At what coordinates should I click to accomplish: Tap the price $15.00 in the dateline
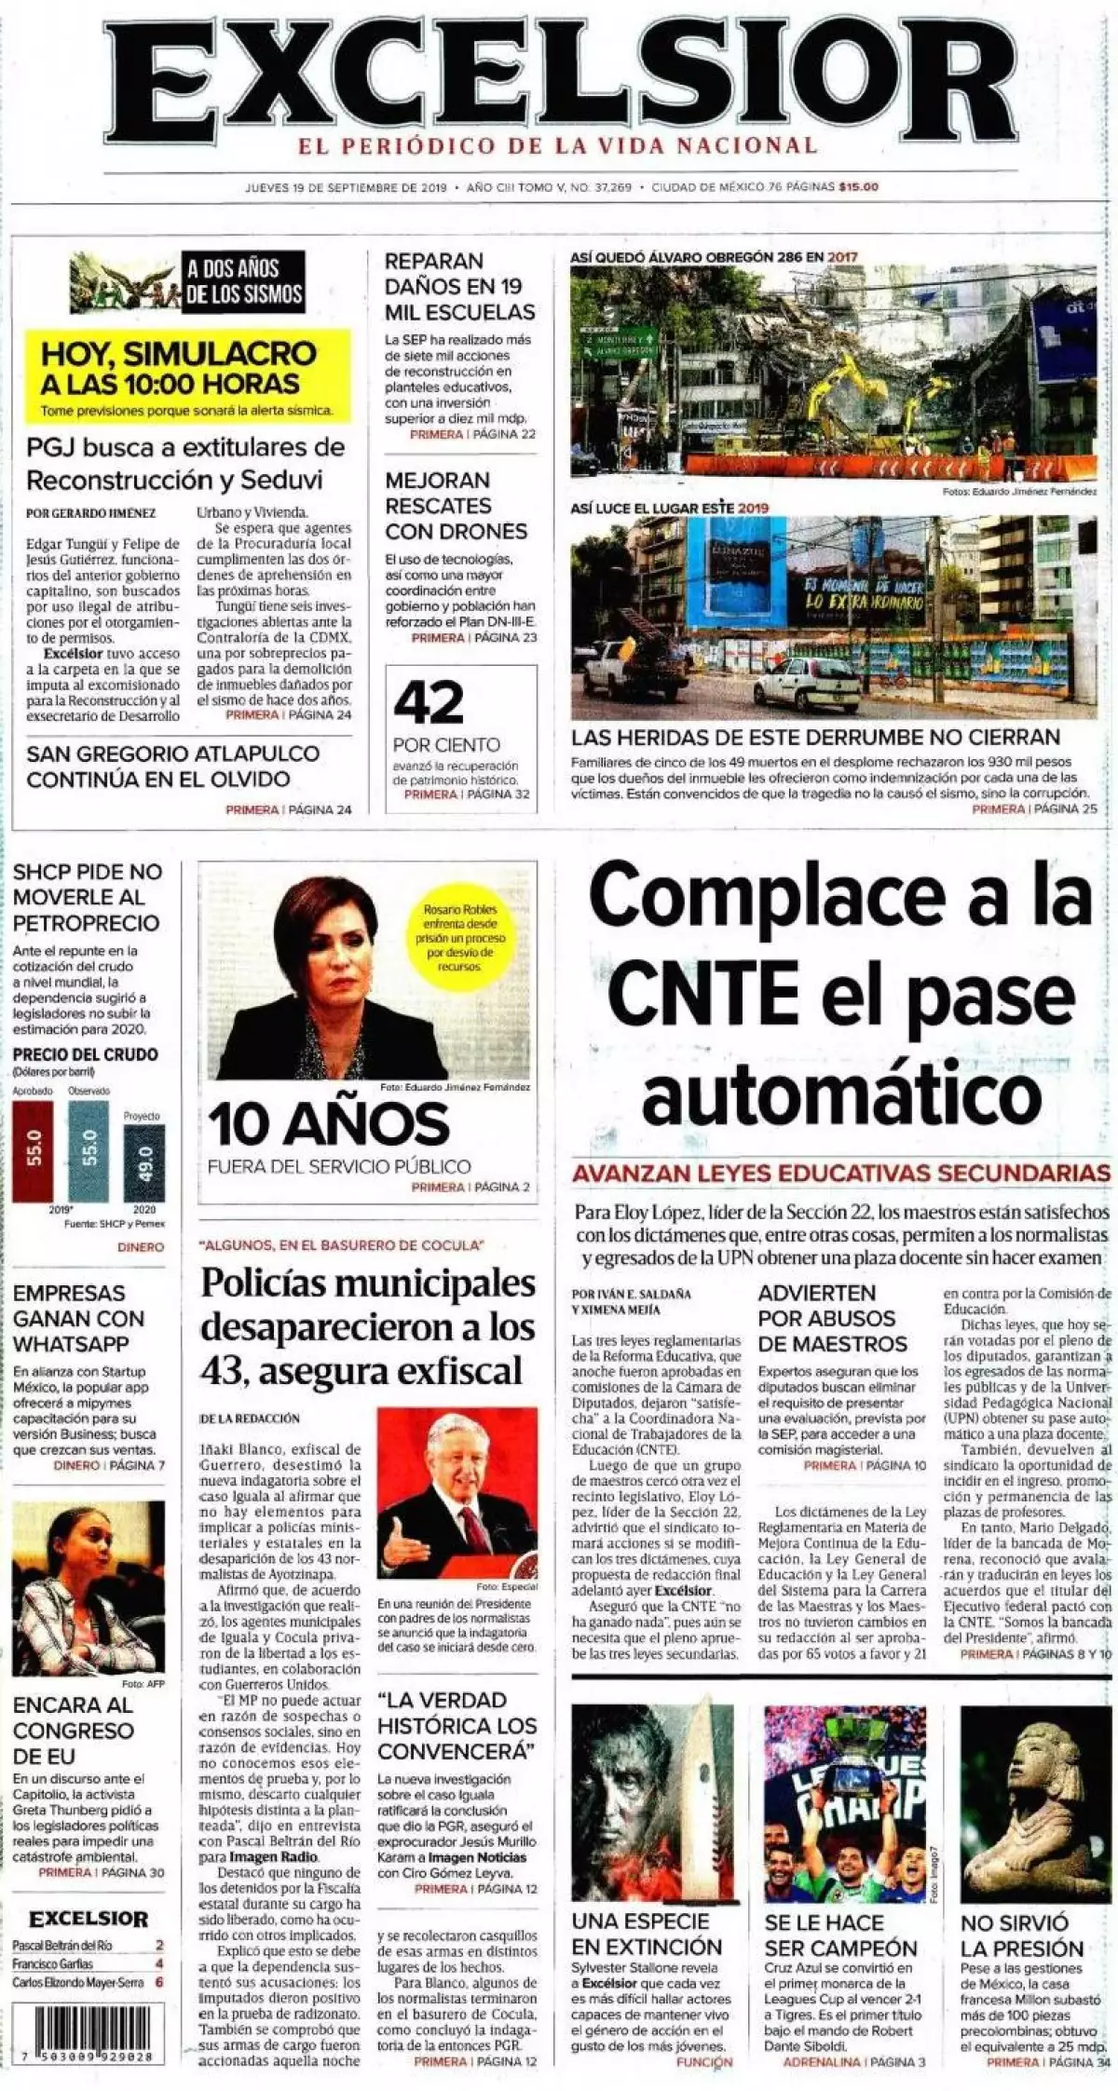click(x=858, y=187)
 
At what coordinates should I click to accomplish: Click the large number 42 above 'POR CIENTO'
click(x=429, y=703)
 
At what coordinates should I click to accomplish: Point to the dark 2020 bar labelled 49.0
click(x=144, y=1162)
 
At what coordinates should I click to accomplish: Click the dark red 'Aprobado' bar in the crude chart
click(x=34, y=1151)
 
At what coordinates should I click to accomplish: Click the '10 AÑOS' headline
click(x=329, y=1124)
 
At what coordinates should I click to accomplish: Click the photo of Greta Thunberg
click(x=89, y=1586)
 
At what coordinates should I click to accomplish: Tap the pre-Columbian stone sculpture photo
click(x=1035, y=1788)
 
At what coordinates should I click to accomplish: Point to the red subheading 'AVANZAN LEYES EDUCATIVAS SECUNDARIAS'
click(x=840, y=1173)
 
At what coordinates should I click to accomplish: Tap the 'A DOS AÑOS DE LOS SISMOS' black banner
click(x=244, y=281)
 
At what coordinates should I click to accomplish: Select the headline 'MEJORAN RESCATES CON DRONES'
click(x=457, y=506)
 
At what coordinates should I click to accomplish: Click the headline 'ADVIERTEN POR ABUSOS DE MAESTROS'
click(x=831, y=1318)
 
